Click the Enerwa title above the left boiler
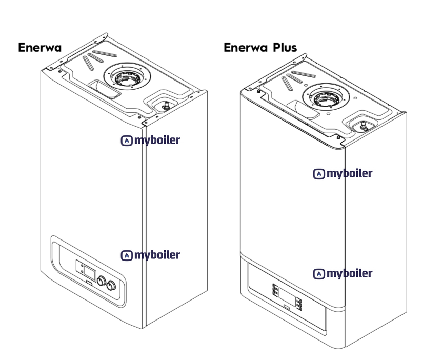click(39, 48)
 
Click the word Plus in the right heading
click(284, 48)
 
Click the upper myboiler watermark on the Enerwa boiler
click(151, 140)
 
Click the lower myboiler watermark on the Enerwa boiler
click(151, 255)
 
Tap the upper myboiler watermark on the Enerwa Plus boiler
click(343, 174)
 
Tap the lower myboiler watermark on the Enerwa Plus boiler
click(343, 273)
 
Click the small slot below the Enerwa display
click(90, 281)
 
